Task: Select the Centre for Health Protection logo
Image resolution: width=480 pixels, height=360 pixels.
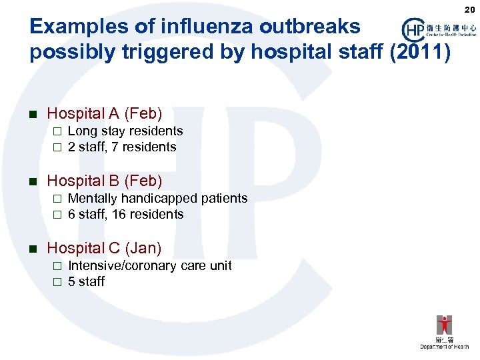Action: (439, 29)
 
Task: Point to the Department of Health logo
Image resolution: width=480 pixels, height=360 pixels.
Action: (444, 331)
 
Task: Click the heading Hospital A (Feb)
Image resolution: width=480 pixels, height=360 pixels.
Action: (104, 114)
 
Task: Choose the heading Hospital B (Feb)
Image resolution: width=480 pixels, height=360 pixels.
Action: (104, 181)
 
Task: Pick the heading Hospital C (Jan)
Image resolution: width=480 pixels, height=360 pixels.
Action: (104, 248)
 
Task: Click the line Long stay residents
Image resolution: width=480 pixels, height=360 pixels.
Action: (125, 131)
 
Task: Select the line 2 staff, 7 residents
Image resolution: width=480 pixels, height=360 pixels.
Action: (122, 147)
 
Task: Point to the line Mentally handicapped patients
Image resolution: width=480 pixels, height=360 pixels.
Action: (157, 198)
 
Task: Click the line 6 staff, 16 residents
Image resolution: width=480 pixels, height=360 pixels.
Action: (125, 214)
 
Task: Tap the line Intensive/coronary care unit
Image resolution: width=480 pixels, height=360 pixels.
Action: (150, 265)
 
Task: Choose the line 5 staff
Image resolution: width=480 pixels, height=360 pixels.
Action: (86, 281)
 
